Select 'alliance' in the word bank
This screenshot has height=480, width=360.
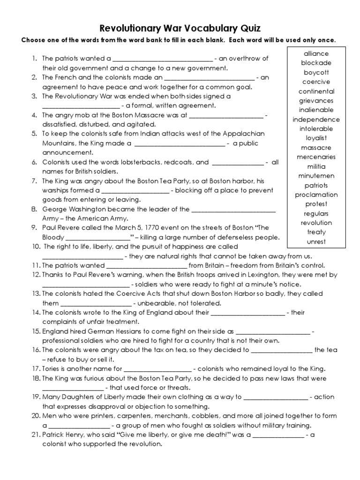click(316, 54)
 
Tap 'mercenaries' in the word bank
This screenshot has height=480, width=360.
click(316, 157)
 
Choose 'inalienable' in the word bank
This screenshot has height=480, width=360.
click(316, 110)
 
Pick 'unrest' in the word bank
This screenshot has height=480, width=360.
click(316, 242)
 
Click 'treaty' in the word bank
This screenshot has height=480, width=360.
click(316, 232)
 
